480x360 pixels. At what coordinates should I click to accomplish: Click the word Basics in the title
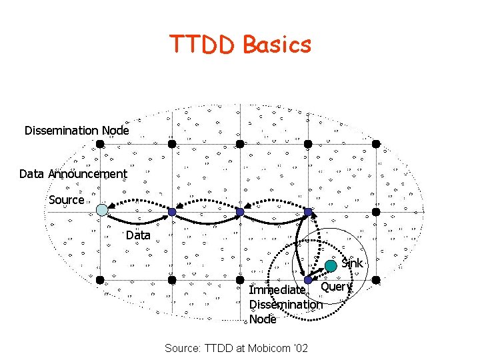click(277, 44)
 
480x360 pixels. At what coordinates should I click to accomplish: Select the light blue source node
click(101, 209)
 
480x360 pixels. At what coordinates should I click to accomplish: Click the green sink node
click(331, 266)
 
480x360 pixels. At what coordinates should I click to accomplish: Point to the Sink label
click(352, 263)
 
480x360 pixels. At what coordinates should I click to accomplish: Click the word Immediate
click(277, 290)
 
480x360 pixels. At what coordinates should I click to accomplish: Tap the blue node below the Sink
click(308, 280)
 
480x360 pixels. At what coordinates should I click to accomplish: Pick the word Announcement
click(91, 174)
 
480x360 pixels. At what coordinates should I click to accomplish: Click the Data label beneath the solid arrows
click(138, 235)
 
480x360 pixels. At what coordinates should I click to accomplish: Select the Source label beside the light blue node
click(67, 200)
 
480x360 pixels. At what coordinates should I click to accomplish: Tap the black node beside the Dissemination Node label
click(99, 143)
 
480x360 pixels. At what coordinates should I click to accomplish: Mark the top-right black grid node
click(376, 143)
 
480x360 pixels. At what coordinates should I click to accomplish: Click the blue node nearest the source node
click(171, 212)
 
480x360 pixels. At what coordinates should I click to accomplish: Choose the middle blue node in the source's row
click(239, 212)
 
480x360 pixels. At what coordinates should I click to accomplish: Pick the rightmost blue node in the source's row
click(308, 212)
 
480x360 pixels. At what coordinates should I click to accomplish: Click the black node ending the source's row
click(376, 212)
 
